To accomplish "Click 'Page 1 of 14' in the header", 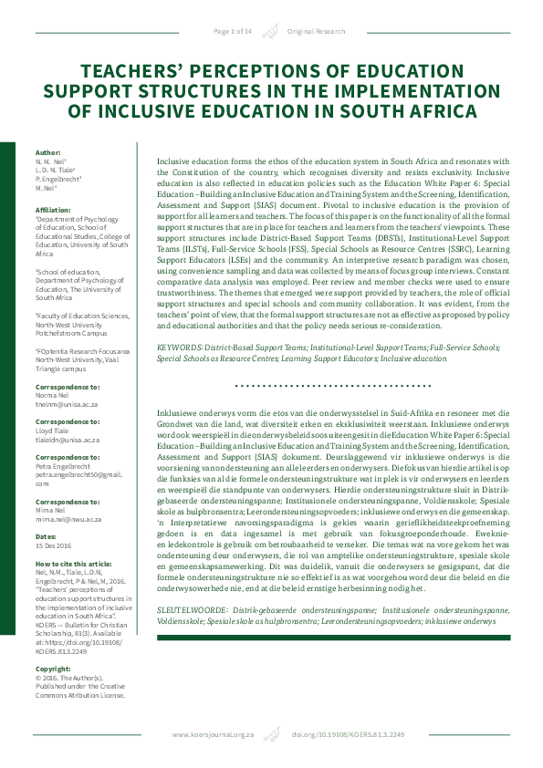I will point(233,31).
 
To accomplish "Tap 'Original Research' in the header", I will point(317,31).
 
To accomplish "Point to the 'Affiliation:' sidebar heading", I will point(53,209).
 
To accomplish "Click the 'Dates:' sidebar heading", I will point(47,535).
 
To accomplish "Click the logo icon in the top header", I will point(269,32).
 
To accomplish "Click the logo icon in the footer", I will point(269,734).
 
